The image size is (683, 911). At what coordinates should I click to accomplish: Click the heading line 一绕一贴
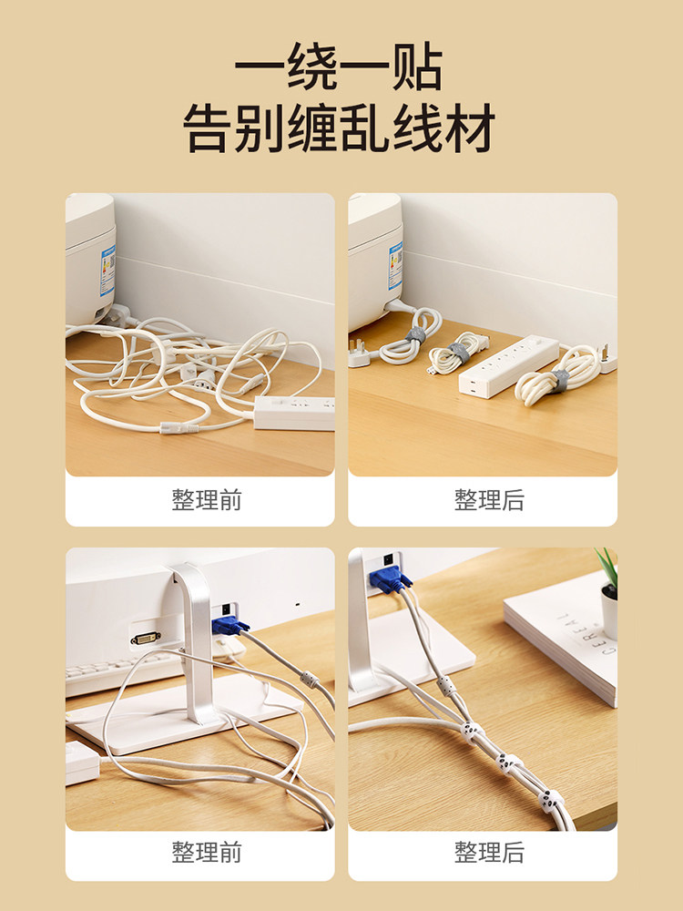coord(339,67)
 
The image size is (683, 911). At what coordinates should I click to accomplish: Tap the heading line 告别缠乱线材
coord(339,128)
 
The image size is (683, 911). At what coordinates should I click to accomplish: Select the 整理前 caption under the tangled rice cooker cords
coord(206,499)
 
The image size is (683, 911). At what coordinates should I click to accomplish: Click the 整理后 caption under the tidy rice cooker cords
coord(489,499)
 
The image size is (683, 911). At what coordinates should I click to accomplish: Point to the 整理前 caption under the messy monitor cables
coord(206,852)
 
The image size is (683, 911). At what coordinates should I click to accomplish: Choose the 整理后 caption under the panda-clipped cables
coord(489,852)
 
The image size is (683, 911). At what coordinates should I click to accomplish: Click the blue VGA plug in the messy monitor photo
coord(229,625)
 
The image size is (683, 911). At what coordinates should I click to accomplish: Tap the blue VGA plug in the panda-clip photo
coord(389,579)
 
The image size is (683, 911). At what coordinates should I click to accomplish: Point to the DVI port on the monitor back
coord(145,639)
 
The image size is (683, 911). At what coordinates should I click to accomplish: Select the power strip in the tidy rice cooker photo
coord(508,366)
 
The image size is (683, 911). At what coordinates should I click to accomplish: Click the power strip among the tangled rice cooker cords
coord(294,413)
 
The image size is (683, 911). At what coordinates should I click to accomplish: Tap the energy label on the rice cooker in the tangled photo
coord(108,271)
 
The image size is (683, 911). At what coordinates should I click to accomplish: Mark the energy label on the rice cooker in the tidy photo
coord(395,266)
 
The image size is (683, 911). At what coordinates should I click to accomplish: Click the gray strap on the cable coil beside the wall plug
coord(560,381)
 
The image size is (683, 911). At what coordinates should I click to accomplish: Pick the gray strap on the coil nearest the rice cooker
coord(415,335)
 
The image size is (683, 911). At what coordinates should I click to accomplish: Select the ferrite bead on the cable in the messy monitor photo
coord(310,679)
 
